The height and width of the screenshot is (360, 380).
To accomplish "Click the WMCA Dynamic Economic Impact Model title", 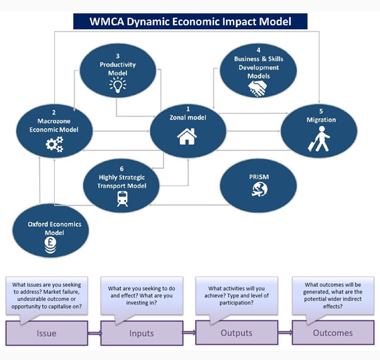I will pos(190,21).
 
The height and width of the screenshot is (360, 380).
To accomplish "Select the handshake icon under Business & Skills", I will pos(258,90).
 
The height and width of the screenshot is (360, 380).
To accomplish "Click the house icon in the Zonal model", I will pos(187,136).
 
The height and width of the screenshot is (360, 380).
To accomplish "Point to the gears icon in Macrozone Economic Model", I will pos(55,145).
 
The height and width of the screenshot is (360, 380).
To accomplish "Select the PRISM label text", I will pos(259,177).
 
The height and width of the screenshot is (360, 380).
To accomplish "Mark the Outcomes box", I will pos(333,333).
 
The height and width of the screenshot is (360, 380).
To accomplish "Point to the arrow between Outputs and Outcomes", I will pos(285,332).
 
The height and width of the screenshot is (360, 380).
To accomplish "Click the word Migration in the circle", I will pos(321,120).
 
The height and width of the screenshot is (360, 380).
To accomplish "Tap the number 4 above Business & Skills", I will pos(258,50).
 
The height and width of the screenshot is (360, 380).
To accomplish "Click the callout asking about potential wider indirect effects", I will pos(333,294).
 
